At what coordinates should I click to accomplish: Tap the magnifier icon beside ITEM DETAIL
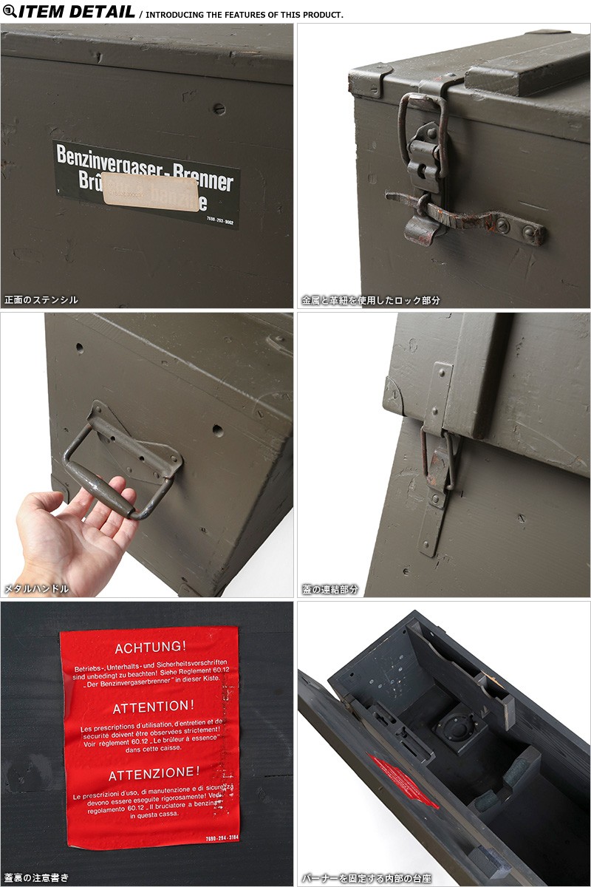click(x=8, y=10)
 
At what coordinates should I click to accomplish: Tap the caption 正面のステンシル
click(x=41, y=300)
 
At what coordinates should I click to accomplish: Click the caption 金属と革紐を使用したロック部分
click(x=371, y=300)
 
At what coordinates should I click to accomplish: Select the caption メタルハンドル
click(x=37, y=588)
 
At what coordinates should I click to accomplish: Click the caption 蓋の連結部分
click(x=330, y=589)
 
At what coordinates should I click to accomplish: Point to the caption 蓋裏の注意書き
click(x=37, y=877)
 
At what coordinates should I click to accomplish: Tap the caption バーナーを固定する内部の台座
click(x=366, y=878)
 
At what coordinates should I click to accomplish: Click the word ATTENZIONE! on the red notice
click(x=154, y=775)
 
